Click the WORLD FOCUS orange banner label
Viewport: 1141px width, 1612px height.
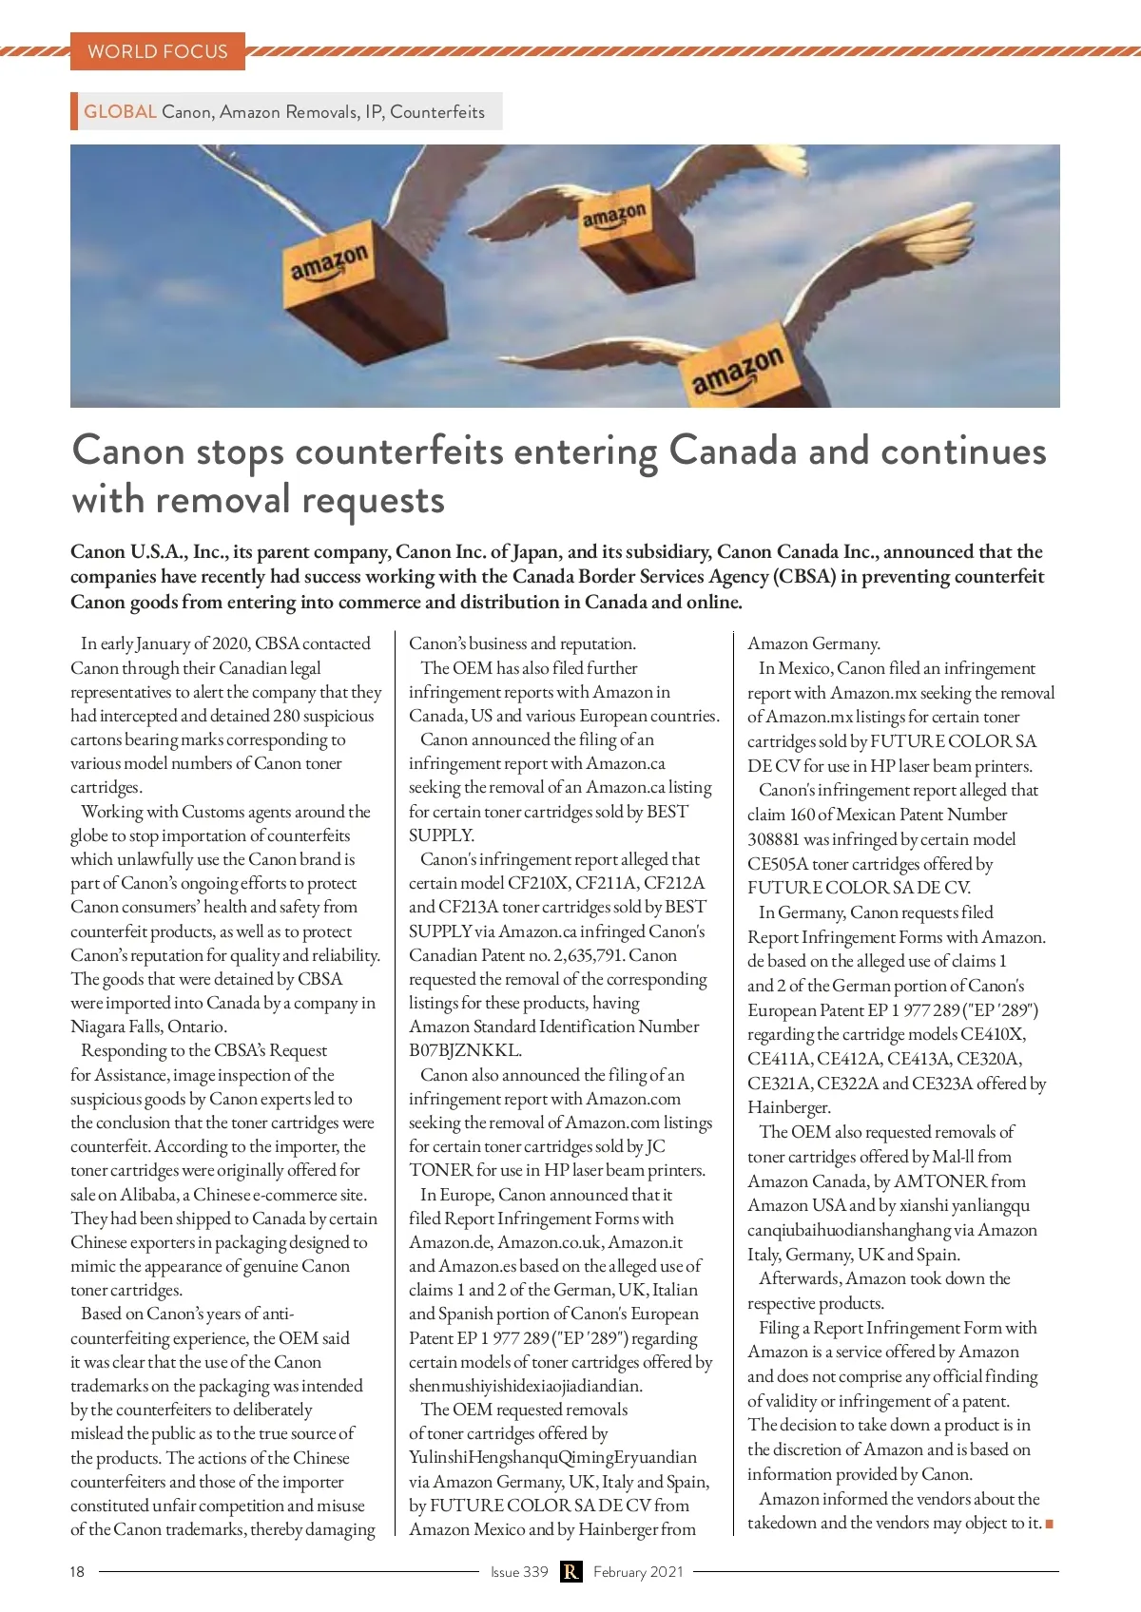[158, 51]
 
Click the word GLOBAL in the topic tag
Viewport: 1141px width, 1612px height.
[120, 111]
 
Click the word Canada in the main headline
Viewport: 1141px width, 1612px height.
[733, 451]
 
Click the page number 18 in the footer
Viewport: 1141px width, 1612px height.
[77, 1571]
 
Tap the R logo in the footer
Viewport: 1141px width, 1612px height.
[570, 1571]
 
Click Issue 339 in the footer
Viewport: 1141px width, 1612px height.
[519, 1571]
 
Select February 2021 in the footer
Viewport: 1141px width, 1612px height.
[638, 1571]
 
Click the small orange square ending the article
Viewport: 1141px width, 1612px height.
[1050, 1524]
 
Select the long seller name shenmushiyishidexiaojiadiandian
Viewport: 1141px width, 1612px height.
[526, 1386]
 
